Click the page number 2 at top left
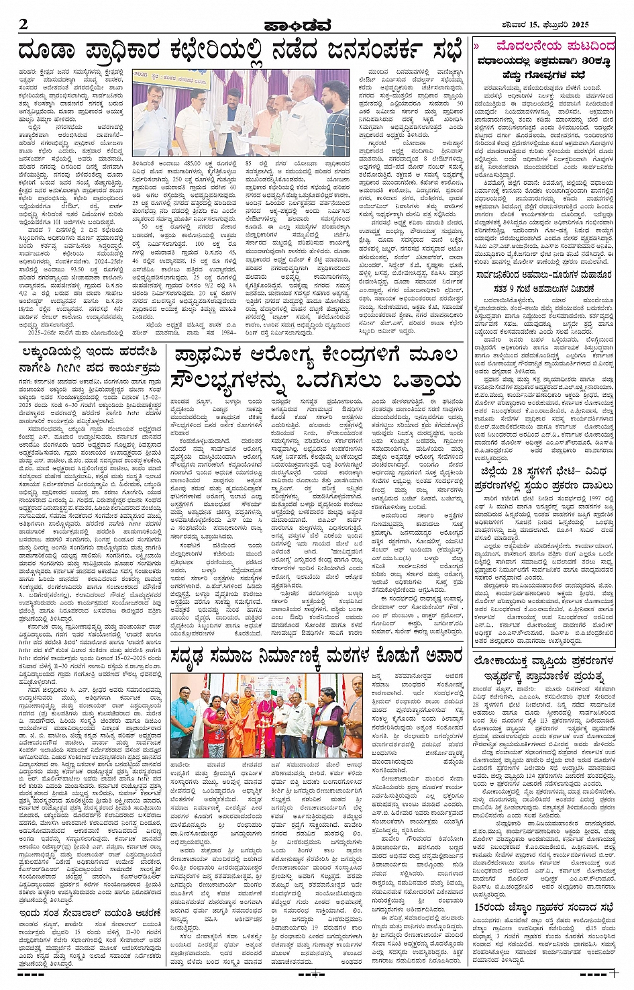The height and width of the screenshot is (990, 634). pos(23,24)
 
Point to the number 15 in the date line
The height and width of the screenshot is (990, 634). pos(523,25)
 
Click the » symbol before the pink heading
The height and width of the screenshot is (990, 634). pos(476,46)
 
